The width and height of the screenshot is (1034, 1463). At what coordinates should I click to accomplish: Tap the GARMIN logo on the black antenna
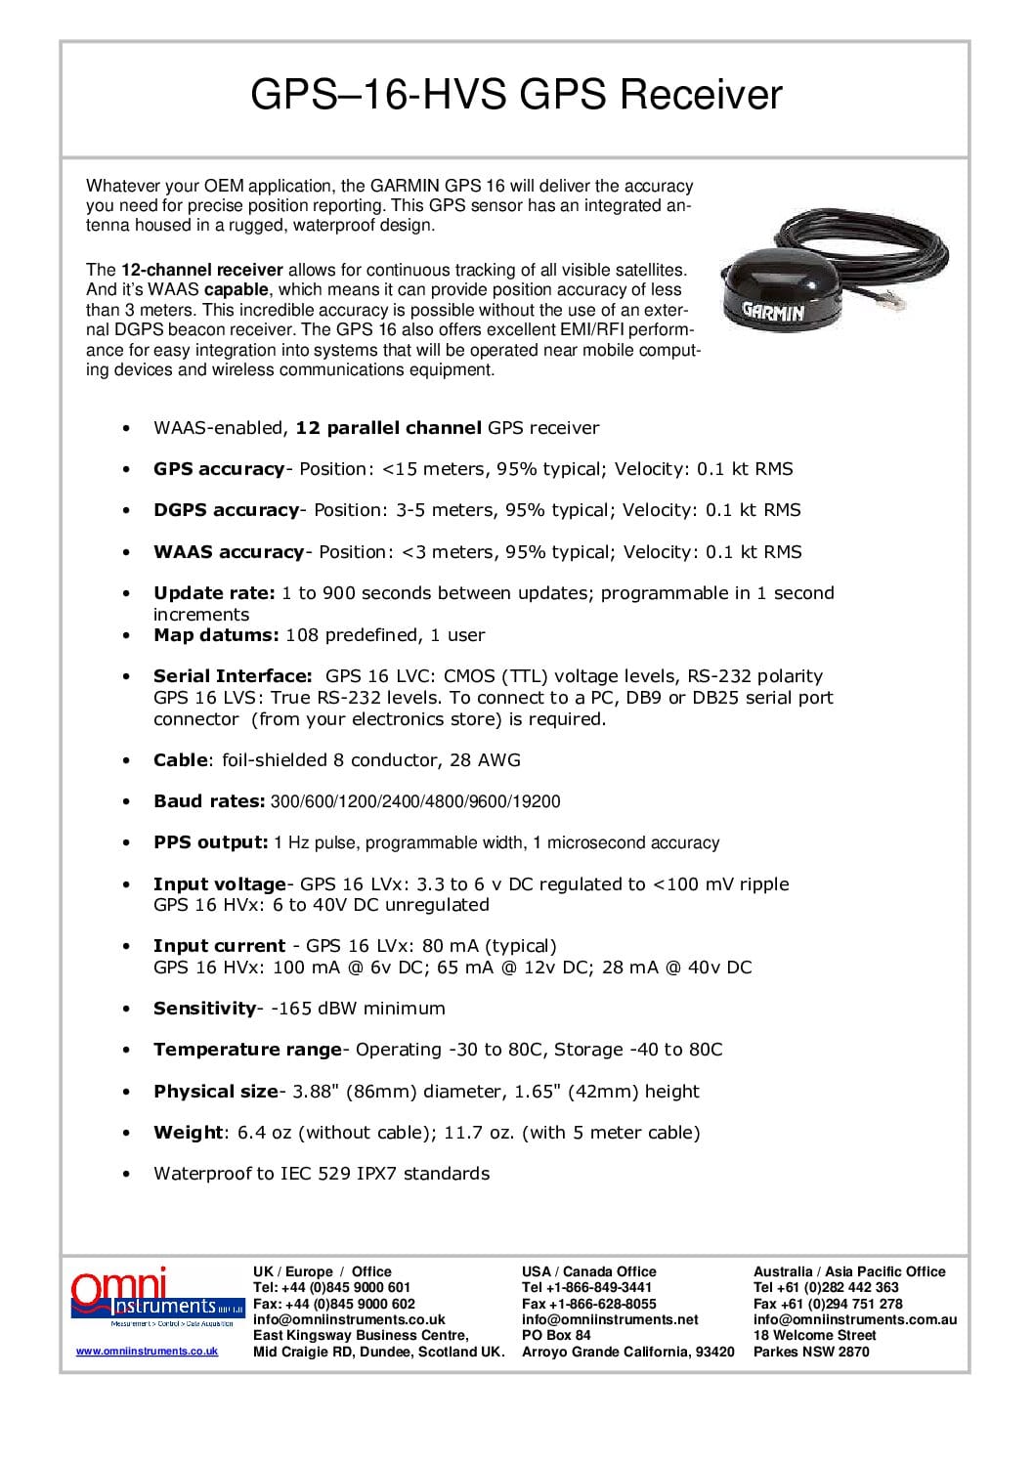click(x=772, y=312)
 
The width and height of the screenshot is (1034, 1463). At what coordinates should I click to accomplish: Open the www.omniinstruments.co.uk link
click(x=147, y=1352)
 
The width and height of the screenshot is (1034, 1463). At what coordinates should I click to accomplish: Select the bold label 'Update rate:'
click(x=214, y=593)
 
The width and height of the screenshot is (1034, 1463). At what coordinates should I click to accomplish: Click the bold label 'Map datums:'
click(x=216, y=635)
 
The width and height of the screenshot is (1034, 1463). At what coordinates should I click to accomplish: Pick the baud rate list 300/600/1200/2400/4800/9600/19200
click(x=415, y=802)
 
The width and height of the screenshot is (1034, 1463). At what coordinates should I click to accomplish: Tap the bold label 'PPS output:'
click(x=210, y=842)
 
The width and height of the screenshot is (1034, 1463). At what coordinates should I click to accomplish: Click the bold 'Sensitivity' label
click(x=204, y=1009)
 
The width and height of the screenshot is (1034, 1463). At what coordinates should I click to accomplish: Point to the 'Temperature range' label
click(x=247, y=1050)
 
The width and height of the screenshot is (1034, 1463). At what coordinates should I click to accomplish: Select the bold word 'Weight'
click(x=188, y=1133)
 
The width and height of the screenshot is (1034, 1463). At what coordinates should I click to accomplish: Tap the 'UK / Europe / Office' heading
click(x=322, y=1271)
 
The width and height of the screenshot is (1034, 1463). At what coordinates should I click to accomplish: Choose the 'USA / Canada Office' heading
click(x=588, y=1271)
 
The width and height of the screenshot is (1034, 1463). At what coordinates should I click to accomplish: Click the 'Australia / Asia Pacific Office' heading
click(x=848, y=1271)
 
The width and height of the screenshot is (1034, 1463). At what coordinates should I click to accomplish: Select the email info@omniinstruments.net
click(x=609, y=1319)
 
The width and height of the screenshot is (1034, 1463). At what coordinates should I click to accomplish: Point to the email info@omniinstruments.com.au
click(x=854, y=1319)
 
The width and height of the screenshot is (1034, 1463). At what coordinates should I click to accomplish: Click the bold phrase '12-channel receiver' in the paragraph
click(x=201, y=270)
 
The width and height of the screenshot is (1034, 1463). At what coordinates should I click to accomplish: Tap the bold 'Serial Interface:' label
click(x=233, y=676)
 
